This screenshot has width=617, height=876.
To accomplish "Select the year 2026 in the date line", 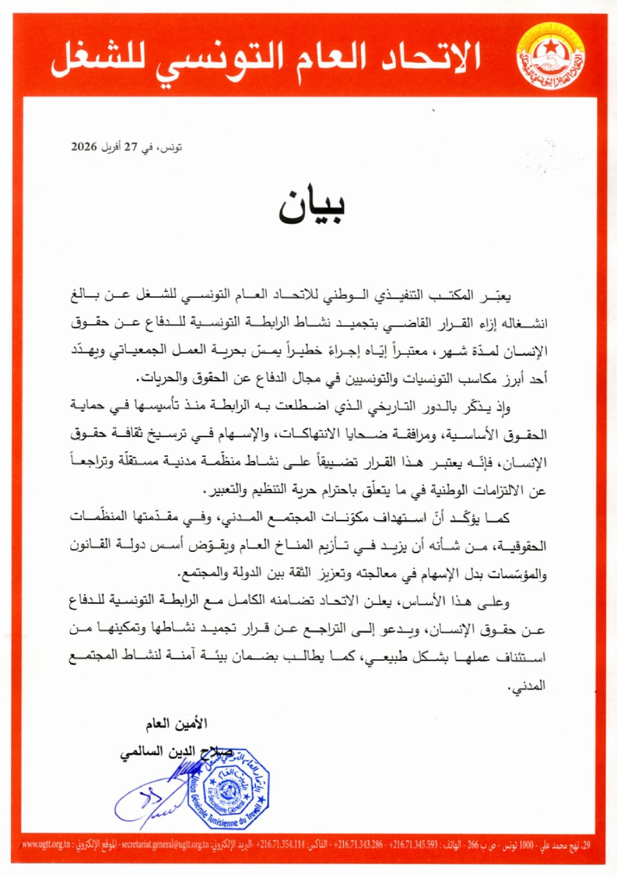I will [x=84, y=147].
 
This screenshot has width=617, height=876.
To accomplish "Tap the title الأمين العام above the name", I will [x=177, y=724].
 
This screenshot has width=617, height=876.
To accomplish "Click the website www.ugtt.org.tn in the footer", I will [x=49, y=860].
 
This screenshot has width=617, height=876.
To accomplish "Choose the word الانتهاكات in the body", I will [x=306, y=435].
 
